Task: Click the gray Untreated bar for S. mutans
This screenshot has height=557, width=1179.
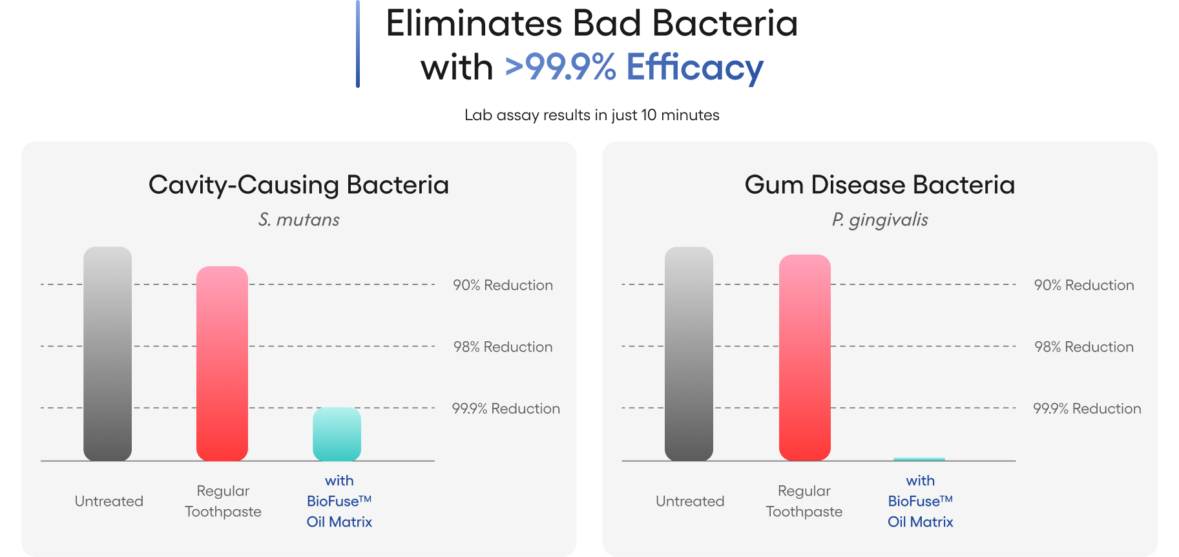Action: click(107, 353)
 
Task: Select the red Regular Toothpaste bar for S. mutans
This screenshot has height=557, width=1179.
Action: click(222, 363)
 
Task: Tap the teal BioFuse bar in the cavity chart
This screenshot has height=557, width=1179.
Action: click(337, 434)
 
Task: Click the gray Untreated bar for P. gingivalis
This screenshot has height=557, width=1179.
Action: click(689, 353)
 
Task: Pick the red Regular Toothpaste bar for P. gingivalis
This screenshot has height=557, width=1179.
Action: click(805, 357)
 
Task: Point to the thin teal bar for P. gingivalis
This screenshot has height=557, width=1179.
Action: click(919, 459)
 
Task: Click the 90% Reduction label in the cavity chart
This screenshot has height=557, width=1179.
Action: click(503, 285)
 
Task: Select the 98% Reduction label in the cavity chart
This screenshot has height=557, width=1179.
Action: click(503, 347)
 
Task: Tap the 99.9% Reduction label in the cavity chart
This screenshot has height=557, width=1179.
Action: click(506, 408)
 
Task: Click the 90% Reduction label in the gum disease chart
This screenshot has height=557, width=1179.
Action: click(1084, 285)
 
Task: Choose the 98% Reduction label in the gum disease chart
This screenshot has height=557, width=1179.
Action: click(1084, 347)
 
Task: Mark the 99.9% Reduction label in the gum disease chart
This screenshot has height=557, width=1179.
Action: click(1087, 408)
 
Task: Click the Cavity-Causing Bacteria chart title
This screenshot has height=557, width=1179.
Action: click(298, 185)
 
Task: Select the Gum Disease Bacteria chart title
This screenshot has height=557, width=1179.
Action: click(880, 185)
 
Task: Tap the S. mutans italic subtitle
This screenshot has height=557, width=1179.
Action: click(299, 220)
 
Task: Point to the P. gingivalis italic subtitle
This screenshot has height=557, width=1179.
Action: click(880, 220)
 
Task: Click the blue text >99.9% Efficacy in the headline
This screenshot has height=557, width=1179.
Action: click(634, 67)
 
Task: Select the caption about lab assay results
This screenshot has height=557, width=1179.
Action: click(592, 115)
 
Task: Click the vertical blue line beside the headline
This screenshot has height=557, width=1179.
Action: click(357, 44)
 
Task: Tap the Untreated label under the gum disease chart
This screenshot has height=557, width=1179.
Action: click(690, 501)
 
